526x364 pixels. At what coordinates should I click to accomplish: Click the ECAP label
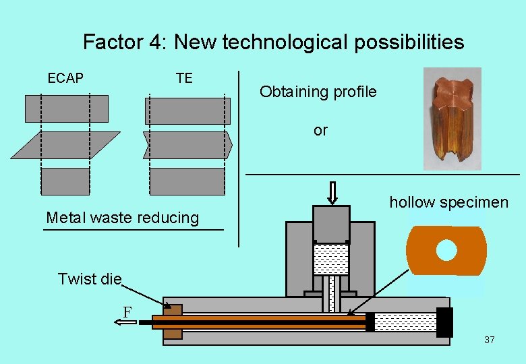[65, 78]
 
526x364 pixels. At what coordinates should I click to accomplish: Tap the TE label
[184, 78]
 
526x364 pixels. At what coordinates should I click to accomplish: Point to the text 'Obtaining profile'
[318, 92]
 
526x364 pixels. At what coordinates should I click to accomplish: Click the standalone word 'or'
[320, 131]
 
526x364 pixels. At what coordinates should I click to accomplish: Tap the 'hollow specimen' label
[448, 202]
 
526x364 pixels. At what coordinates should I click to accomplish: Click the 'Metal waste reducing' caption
[122, 218]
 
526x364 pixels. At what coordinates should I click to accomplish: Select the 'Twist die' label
[90, 279]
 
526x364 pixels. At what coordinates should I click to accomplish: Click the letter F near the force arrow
[126, 311]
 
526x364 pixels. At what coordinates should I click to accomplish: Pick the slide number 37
[490, 340]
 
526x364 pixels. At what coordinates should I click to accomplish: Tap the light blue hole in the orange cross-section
[446, 251]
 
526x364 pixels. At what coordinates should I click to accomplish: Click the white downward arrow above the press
[332, 191]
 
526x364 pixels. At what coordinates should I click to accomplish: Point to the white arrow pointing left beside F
[125, 323]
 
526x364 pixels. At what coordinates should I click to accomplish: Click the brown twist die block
[173, 322]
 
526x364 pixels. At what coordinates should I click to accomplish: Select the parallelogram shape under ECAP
[65, 145]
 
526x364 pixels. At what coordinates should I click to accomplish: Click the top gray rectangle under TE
[187, 111]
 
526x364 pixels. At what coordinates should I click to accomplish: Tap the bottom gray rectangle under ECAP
[65, 181]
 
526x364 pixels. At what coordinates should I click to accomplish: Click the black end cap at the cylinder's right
[444, 322]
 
